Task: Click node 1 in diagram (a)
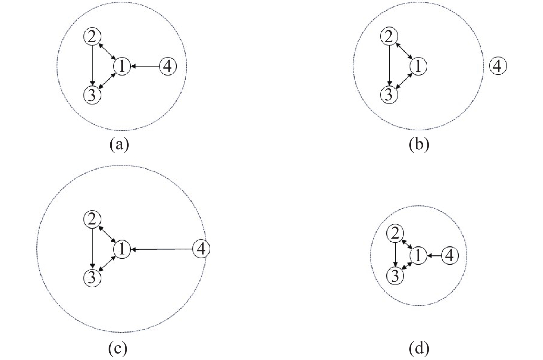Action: click(122, 66)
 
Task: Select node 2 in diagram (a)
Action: click(92, 37)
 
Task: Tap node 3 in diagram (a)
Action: click(92, 95)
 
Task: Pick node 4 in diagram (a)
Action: click(168, 66)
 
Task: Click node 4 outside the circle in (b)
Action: click(497, 66)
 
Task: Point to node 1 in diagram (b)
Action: click(418, 66)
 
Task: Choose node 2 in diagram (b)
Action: click(389, 37)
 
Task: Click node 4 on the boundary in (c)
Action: click(201, 249)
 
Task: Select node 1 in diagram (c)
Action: click(122, 249)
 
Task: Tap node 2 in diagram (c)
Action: click(92, 220)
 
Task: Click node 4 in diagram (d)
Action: click(450, 256)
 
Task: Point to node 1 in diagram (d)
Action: click(418, 256)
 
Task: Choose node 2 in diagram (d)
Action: click(395, 234)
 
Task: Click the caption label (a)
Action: click(119, 144)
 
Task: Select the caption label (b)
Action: click(419, 144)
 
